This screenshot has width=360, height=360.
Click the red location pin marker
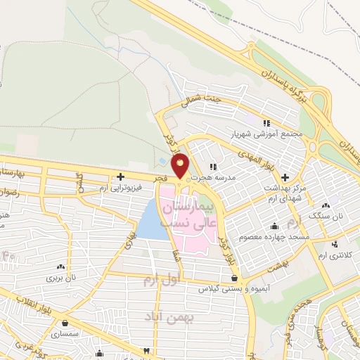181,167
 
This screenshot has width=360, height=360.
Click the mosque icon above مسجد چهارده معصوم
274,226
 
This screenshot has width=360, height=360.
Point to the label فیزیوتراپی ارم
120,189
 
